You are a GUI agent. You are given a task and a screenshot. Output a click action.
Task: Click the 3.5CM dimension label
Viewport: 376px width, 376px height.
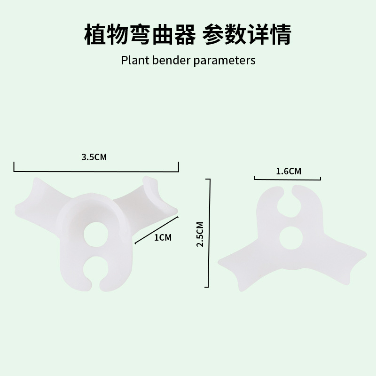(94, 157)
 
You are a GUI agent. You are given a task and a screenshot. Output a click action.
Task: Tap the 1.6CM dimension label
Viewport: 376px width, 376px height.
(289, 171)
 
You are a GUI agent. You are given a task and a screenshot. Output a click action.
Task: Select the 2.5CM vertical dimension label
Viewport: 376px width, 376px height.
(200, 234)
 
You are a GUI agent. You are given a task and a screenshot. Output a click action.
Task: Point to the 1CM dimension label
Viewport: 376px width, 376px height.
(163, 237)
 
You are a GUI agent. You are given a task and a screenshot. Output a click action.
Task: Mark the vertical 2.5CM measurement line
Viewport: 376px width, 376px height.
(208, 233)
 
